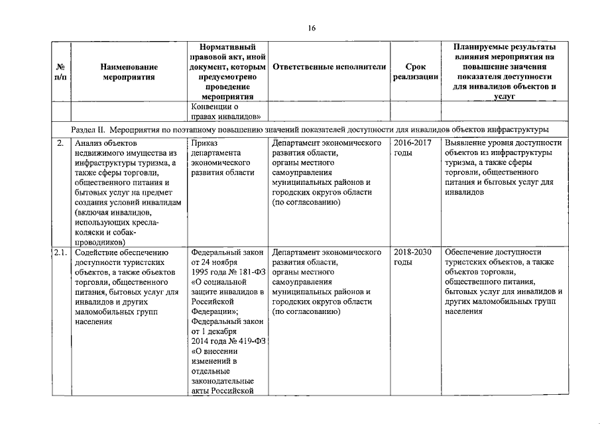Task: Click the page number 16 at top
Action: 311,28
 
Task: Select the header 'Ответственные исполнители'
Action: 329,68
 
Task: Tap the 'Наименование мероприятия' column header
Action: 129,72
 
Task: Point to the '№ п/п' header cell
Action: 60,72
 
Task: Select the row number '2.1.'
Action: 61,252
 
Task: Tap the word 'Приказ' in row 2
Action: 203,143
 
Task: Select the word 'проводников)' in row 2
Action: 100,242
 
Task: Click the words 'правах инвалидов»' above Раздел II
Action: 225,117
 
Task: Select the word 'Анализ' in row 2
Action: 88,143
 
